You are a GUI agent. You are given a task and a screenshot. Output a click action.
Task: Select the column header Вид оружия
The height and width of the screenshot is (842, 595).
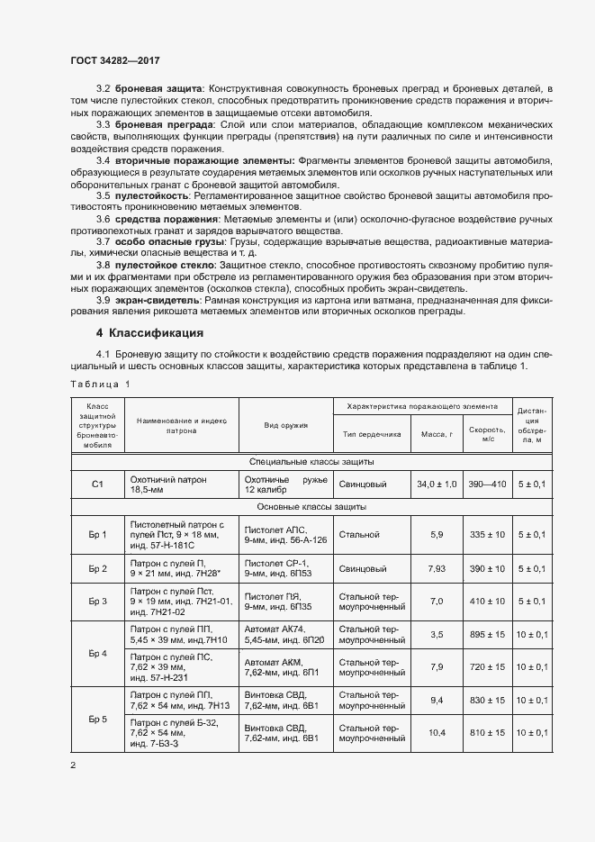[286, 425]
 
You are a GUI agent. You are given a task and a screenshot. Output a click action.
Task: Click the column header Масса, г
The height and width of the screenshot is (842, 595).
[436, 433]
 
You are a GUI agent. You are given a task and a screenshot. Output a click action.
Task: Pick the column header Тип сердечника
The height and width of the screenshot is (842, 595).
[371, 433]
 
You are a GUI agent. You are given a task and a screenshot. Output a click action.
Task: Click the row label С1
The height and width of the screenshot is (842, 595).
[98, 484]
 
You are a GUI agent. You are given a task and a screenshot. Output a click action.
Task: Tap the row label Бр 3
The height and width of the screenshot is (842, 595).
[98, 601]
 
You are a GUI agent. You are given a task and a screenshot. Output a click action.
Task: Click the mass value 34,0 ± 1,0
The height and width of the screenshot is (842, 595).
[437, 484]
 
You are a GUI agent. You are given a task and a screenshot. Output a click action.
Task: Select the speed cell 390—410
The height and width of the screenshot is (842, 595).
[486, 484]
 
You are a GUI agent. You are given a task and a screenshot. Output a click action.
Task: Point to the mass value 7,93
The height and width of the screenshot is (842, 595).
[437, 568]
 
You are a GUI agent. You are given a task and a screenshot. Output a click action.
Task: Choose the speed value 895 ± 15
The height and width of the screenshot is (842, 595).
[486, 635]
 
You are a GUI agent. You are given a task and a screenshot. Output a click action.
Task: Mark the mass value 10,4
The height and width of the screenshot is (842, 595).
[437, 733]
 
